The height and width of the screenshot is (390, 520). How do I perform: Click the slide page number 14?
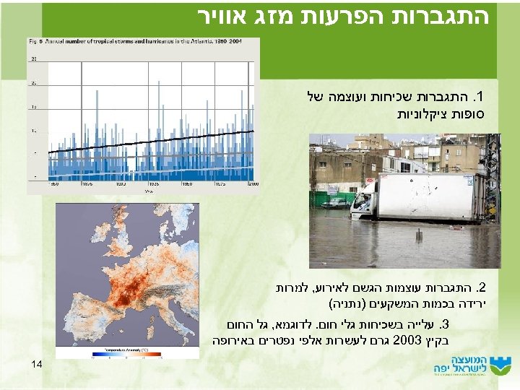[38, 365]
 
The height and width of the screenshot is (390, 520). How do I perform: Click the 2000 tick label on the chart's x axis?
[252, 185]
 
